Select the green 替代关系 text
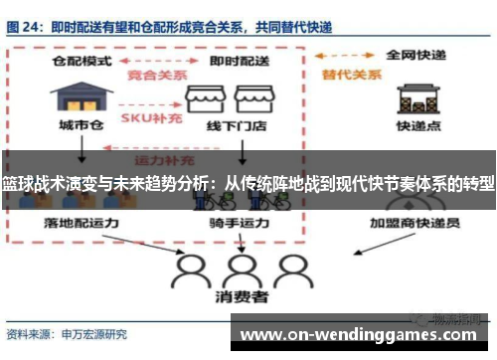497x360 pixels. (x=341, y=75)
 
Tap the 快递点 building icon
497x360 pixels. (x=417, y=97)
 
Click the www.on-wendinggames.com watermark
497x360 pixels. (x=364, y=335)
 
